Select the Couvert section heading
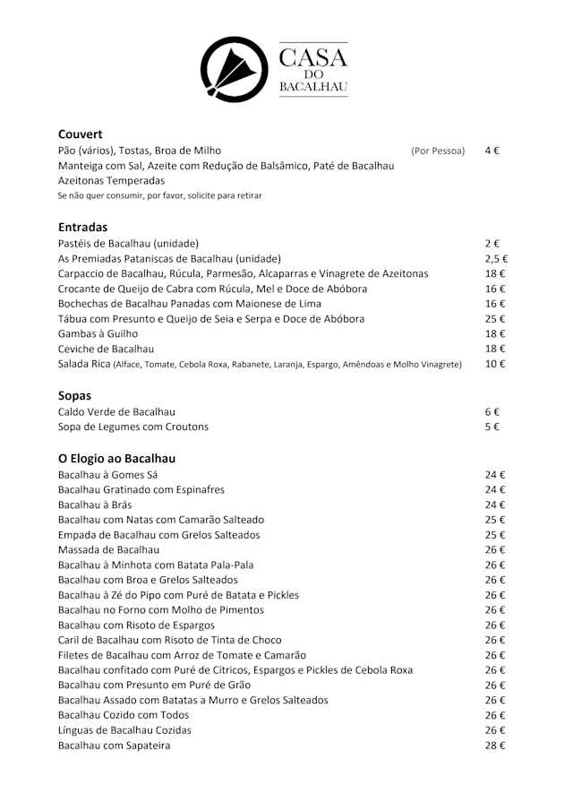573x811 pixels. click(81, 134)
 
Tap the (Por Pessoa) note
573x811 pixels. click(438, 151)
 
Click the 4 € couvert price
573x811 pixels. click(492, 151)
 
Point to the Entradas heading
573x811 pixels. click(82, 228)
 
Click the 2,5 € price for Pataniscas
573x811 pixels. click(496, 258)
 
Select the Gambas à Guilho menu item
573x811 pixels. click(98, 333)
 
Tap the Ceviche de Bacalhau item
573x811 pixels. click(106, 349)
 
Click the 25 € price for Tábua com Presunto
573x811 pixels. click(495, 318)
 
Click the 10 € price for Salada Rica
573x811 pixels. click(495, 364)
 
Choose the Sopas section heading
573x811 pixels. click(74, 394)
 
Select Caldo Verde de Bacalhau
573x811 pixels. click(116, 411)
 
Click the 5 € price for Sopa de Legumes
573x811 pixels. click(492, 427)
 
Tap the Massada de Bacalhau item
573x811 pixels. click(108, 549)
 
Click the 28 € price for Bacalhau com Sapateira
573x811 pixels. click(495, 745)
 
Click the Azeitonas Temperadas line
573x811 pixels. click(111, 180)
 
